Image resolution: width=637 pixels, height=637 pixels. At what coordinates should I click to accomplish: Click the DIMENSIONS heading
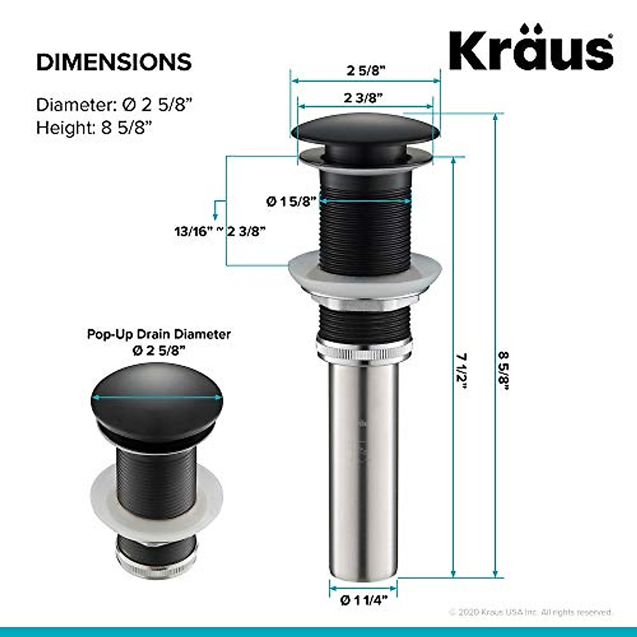click(x=114, y=62)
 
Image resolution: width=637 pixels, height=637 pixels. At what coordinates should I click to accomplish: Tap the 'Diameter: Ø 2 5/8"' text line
click(x=114, y=105)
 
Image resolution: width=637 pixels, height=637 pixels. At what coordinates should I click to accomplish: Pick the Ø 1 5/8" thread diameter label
click(x=291, y=202)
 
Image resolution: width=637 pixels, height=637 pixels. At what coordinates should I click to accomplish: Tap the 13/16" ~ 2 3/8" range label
click(x=220, y=231)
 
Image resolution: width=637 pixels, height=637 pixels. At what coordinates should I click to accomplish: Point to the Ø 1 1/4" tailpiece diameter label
click(x=364, y=600)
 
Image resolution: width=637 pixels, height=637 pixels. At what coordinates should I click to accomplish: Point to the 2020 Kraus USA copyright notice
click(x=530, y=612)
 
